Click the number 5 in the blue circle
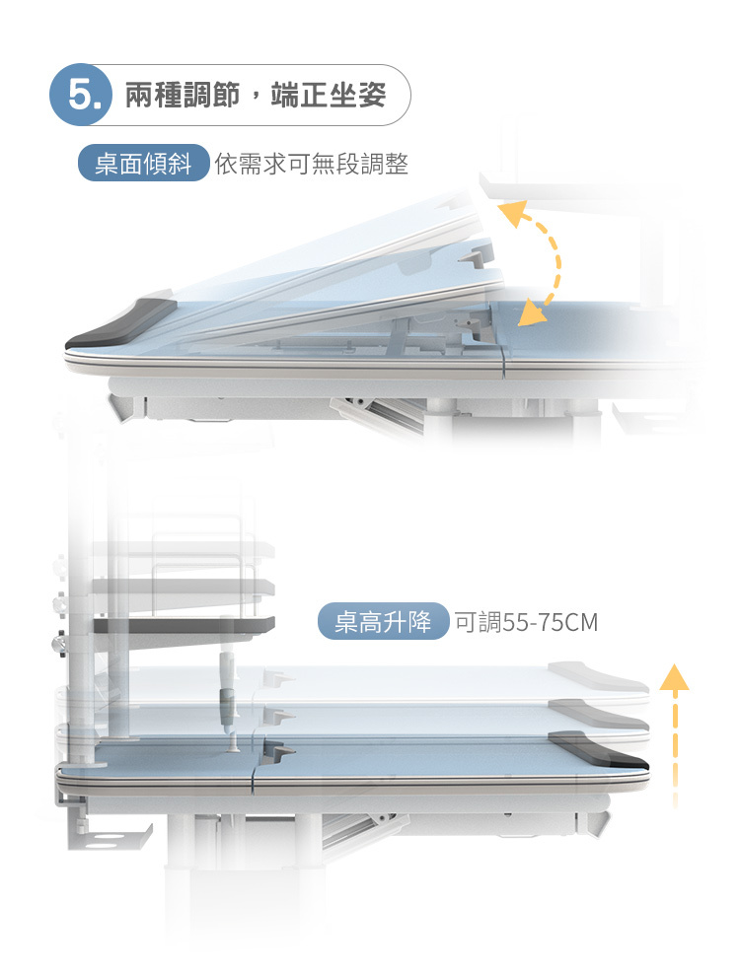coord(83,96)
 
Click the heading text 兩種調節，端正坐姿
coord(255,96)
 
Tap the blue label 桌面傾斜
coord(143,164)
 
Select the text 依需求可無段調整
coord(311,164)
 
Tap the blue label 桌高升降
coord(383,623)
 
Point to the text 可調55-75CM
coord(525,623)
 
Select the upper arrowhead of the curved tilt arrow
coord(511,213)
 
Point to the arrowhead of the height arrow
coord(674,678)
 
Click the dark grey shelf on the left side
coord(184,625)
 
